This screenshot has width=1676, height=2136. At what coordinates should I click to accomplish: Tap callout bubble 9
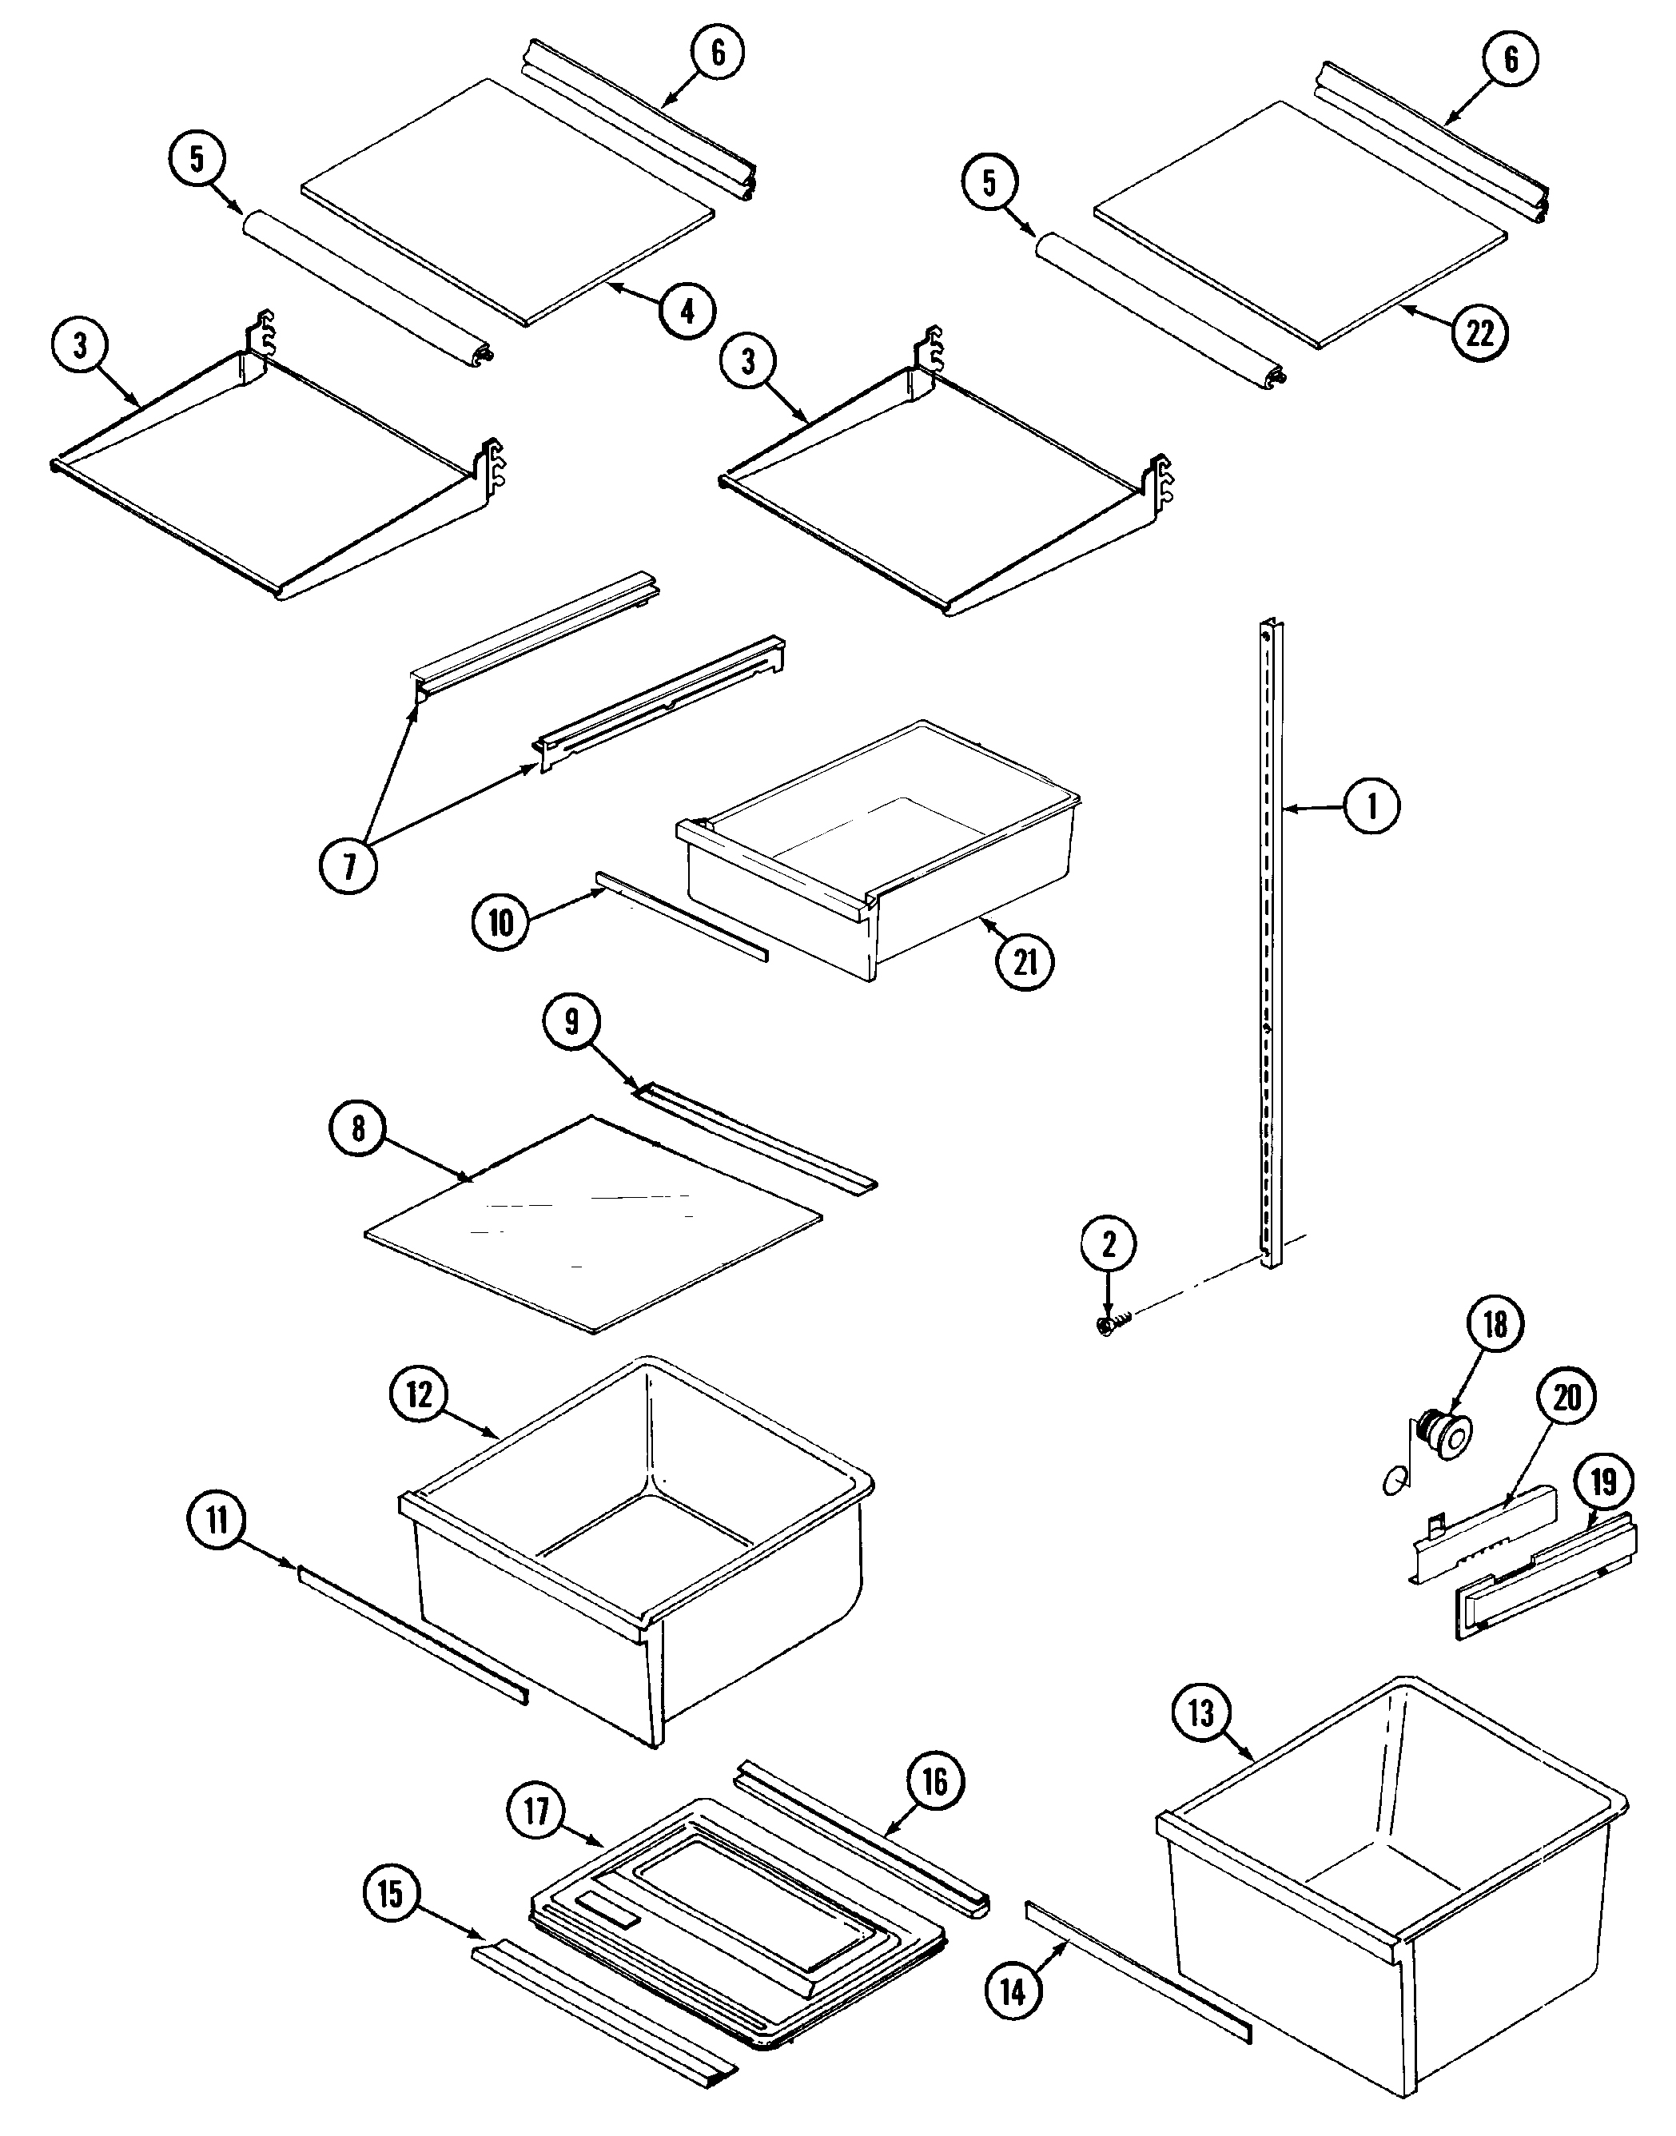coord(571,1021)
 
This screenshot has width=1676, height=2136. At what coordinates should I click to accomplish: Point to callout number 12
coord(419,1394)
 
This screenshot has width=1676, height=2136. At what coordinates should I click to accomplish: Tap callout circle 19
coord(1603,1481)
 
